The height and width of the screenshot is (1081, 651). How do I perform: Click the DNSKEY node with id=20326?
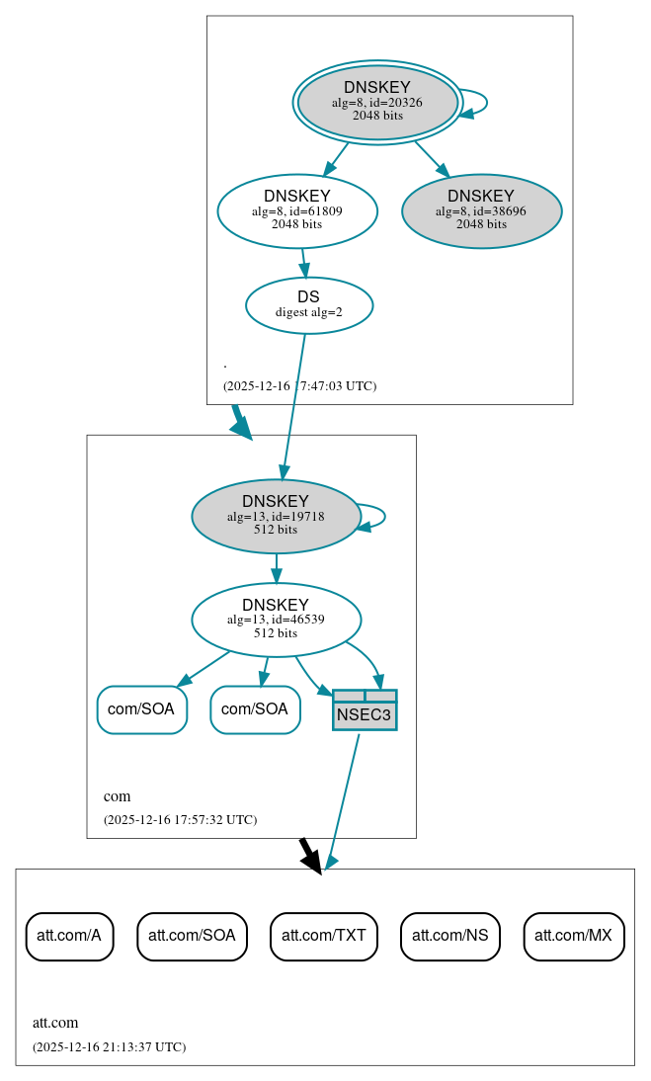click(x=377, y=102)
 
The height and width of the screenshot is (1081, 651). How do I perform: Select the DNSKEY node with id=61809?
click(x=297, y=210)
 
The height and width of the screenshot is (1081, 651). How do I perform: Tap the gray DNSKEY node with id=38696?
click(x=481, y=210)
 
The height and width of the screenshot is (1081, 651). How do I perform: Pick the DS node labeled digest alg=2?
click(x=308, y=304)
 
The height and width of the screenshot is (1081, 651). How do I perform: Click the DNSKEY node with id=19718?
click(x=276, y=516)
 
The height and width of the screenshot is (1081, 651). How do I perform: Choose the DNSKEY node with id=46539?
click(x=276, y=620)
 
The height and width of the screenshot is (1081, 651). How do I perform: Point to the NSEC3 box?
click(x=365, y=710)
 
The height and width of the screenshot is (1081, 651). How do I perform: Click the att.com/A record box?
click(x=69, y=936)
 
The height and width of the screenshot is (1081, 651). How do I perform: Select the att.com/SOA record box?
click(x=192, y=936)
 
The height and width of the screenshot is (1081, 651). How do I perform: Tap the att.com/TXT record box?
click(x=324, y=936)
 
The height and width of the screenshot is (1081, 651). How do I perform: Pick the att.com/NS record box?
click(x=450, y=936)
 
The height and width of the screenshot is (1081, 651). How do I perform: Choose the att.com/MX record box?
click(x=574, y=936)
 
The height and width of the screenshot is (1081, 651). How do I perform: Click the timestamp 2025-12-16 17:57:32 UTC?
click(x=180, y=819)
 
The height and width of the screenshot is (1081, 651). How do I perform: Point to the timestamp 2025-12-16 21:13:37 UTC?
click(x=109, y=1046)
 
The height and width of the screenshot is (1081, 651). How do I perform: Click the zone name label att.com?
click(x=55, y=1023)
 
